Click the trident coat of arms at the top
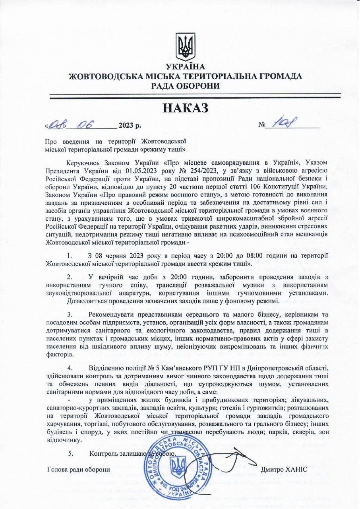point(186,47)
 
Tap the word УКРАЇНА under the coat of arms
point(186,67)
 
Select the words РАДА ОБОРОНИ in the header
point(185,85)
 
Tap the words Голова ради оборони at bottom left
point(78,469)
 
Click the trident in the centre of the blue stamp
point(177,466)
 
